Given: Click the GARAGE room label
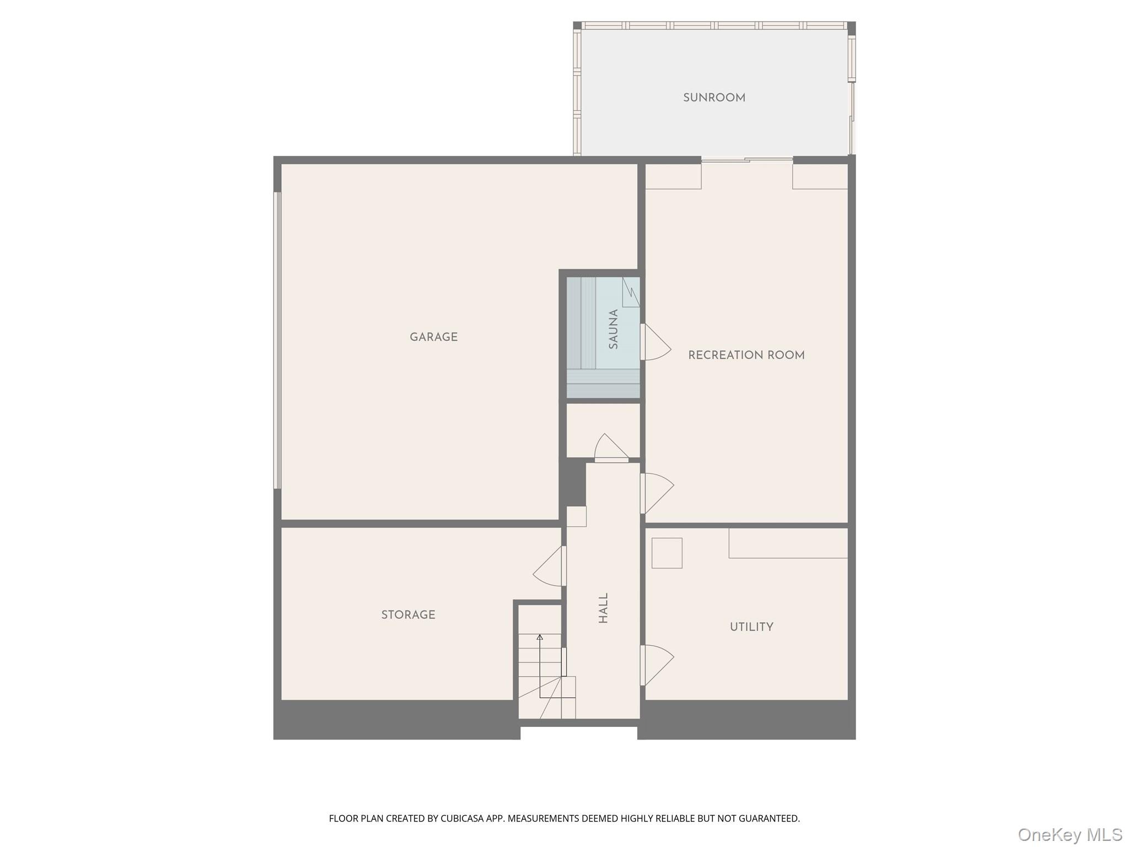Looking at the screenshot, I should (x=433, y=337).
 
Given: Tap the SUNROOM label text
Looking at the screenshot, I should (x=714, y=98).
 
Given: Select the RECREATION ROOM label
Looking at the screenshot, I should (x=746, y=355).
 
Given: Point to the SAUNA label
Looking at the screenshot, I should (x=613, y=329).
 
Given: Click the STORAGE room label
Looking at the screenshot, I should (x=408, y=614).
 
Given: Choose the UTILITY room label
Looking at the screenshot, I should (x=751, y=626).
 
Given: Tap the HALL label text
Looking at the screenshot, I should (x=603, y=608).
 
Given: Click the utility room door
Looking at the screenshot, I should (x=656, y=664).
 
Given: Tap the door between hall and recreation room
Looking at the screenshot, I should (x=656, y=492).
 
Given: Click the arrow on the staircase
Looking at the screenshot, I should (x=540, y=637).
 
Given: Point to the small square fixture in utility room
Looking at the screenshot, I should (x=666, y=553).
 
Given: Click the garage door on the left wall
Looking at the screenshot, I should (x=277, y=340).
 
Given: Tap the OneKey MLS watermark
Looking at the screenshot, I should (x=1069, y=834).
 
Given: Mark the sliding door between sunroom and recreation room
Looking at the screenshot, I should (x=746, y=160).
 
